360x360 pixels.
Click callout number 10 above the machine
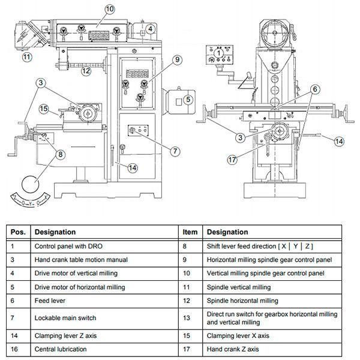tap(110, 9)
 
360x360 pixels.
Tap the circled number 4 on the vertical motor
tap(150, 29)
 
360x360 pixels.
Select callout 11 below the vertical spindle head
tap(27, 57)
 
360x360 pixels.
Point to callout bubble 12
tap(86, 71)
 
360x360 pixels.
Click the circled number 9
tap(177, 59)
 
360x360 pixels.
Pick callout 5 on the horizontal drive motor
tap(188, 100)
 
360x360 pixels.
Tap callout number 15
tap(44, 109)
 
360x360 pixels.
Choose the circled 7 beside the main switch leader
tap(175, 151)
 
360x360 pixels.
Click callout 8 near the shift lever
tap(61, 154)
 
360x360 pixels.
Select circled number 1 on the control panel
tap(218, 53)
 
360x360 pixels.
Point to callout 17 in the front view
tap(232, 160)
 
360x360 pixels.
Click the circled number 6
tap(315, 89)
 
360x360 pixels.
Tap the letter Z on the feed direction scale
tap(15, 197)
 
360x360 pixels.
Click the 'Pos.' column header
tap(18, 232)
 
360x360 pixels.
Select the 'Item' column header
tap(190, 232)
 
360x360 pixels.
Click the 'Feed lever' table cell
tap(50, 301)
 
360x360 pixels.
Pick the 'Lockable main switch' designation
tap(65, 318)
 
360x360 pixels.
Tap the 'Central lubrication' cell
tap(61, 349)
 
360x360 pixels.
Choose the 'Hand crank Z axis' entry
tap(233, 349)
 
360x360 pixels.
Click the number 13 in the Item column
tap(186, 318)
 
